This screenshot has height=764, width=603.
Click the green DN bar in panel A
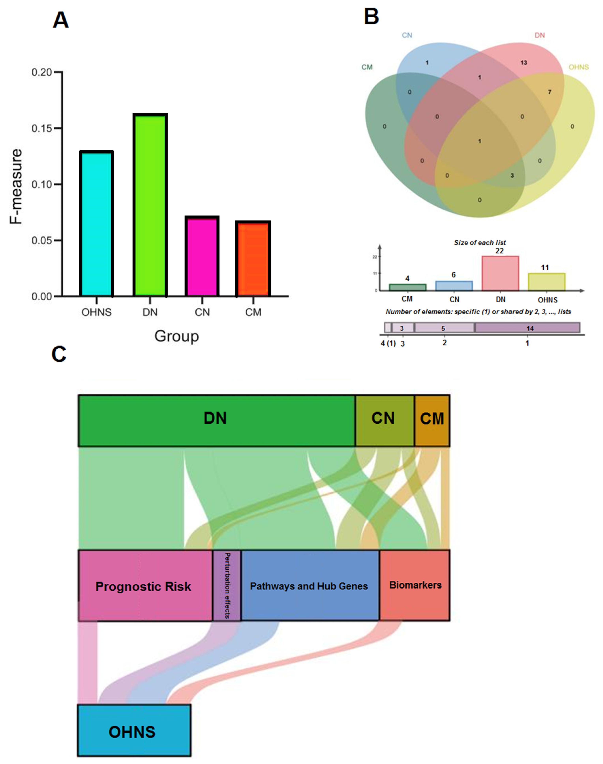pos(150,205)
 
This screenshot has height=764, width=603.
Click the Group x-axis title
pos(176,336)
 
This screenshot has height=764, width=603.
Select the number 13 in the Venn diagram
pos(524,63)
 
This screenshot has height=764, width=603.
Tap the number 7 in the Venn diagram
pos(549,92)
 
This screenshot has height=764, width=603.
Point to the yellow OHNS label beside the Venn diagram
pos(578,67)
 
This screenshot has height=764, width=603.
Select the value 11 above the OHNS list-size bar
pos(545,268)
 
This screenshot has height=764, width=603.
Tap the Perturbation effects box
pos(227,587)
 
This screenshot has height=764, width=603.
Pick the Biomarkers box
pos(415,587)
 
